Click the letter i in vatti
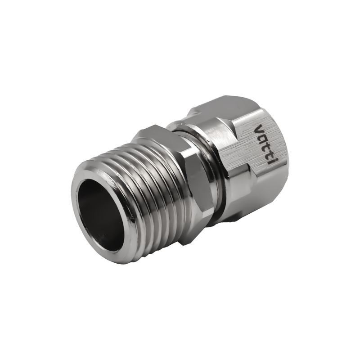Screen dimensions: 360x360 click(266, 161)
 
